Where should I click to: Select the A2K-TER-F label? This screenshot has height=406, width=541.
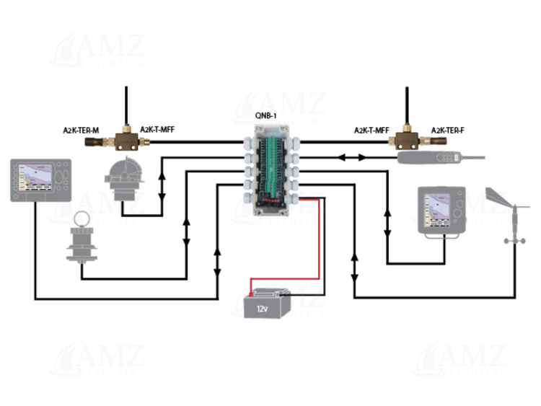tap(448, 131)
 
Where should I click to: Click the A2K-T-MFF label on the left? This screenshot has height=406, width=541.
tap(157, 131)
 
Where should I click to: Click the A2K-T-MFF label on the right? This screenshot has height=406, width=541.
tap(371, 131)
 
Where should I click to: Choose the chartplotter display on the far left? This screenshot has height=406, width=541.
tap(40, 178)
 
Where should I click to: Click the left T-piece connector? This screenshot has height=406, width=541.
tap(127, 140)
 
